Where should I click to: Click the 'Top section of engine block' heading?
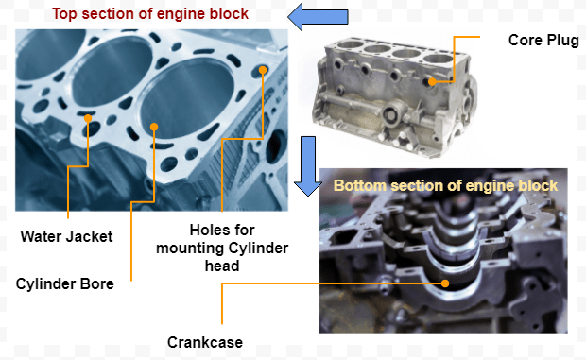pyautogui.click(x=149, y=14)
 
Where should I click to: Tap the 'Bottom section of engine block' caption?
pyautogui.click(x=445, y=185)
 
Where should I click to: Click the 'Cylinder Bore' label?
pyautogui.click(x=65, y=283)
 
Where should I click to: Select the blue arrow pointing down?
pyautogui.click(x=306, y=164)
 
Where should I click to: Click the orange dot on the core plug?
pyautogui.click(x=433, y=82)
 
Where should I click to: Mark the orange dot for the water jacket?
pyautogui.click(x=88, y=119)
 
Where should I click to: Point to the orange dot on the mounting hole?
pyautogui.click(x=263, y=70)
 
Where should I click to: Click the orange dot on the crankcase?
pyautogui.click(x=446, y=281)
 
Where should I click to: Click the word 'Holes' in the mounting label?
pyautogui.click(x=207, y=230)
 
